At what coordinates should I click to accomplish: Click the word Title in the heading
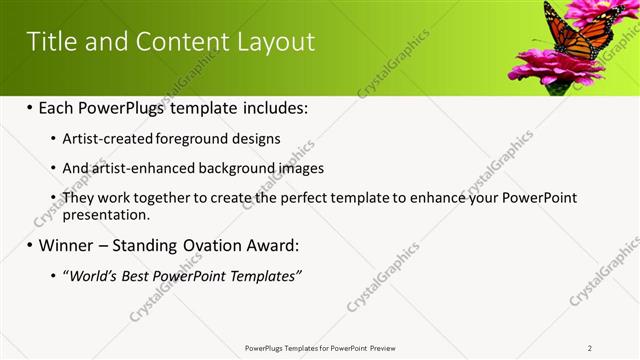pyautogui.click(x=48, y=41)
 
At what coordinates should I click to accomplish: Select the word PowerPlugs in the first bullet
pyautogui.click(x=125, y=107)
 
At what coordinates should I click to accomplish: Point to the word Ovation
pyautogui.click(x=196, y=245)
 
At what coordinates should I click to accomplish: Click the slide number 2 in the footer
pyautogui.click(x=590, y=347)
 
